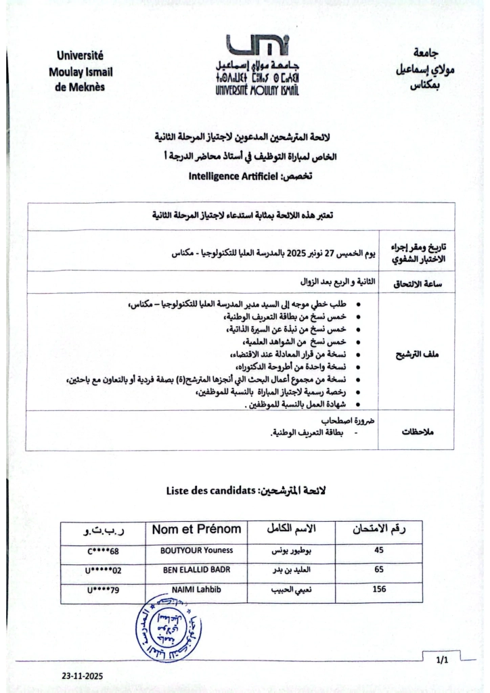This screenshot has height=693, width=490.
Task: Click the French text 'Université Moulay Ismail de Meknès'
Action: pos(81,72)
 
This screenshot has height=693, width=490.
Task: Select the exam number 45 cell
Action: pos(378,551)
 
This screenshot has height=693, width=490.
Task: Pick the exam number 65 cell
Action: pos(378,570)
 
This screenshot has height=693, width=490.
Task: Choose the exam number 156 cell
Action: pos(379,589)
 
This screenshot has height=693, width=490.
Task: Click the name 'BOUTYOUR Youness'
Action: pos(196,551)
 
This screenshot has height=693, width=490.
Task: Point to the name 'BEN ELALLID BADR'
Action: pos(196,570)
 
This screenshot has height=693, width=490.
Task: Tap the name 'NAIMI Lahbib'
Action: pos(196,589)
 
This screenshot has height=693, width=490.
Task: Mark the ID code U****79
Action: pos(103,590)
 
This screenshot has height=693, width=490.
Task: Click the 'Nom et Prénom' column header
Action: pos(196,529)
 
